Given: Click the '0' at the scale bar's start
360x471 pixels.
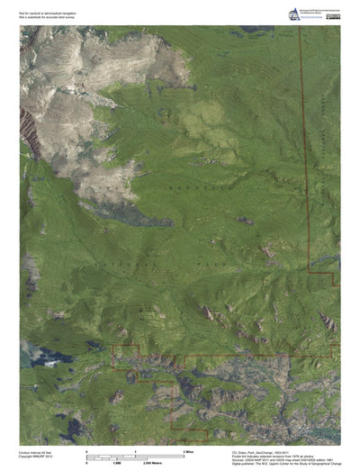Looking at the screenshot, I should (x=85, y=448).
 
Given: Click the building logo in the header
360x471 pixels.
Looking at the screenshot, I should (x=292, y=14).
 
